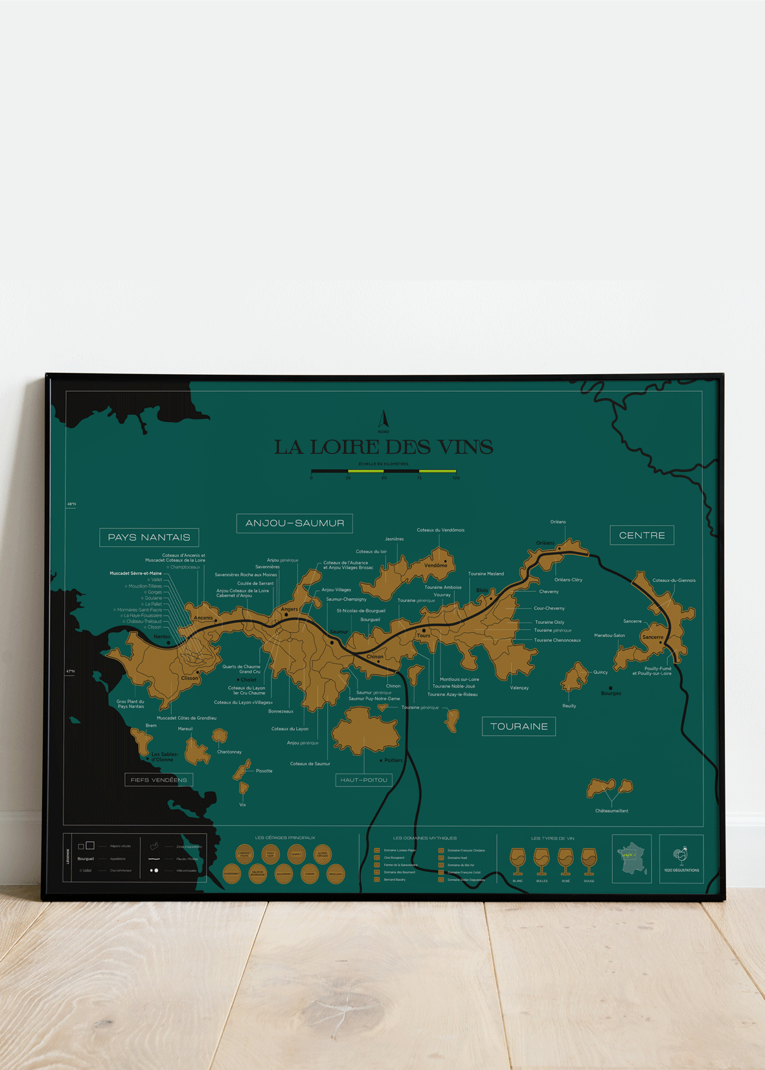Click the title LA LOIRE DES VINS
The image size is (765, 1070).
383,447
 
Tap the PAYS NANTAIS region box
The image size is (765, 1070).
149,537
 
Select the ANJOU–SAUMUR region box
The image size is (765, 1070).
295,523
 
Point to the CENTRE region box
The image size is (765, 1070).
642,535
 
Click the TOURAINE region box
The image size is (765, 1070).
519,726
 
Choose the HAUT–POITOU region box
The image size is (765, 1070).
364,780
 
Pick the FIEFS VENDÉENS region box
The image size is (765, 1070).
159,780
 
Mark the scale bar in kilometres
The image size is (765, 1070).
383,471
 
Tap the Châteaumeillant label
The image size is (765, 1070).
611,810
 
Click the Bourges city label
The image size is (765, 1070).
611,693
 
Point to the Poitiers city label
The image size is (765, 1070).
393,760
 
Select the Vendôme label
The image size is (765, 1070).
436,565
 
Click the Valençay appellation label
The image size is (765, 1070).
520,687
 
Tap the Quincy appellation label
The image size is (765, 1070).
600,673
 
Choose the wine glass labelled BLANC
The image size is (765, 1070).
518,860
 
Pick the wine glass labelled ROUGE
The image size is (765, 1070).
589,860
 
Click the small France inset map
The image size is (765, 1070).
632,859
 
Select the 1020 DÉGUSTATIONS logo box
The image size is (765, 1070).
681,859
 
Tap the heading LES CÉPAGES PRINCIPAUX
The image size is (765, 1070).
285,838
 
